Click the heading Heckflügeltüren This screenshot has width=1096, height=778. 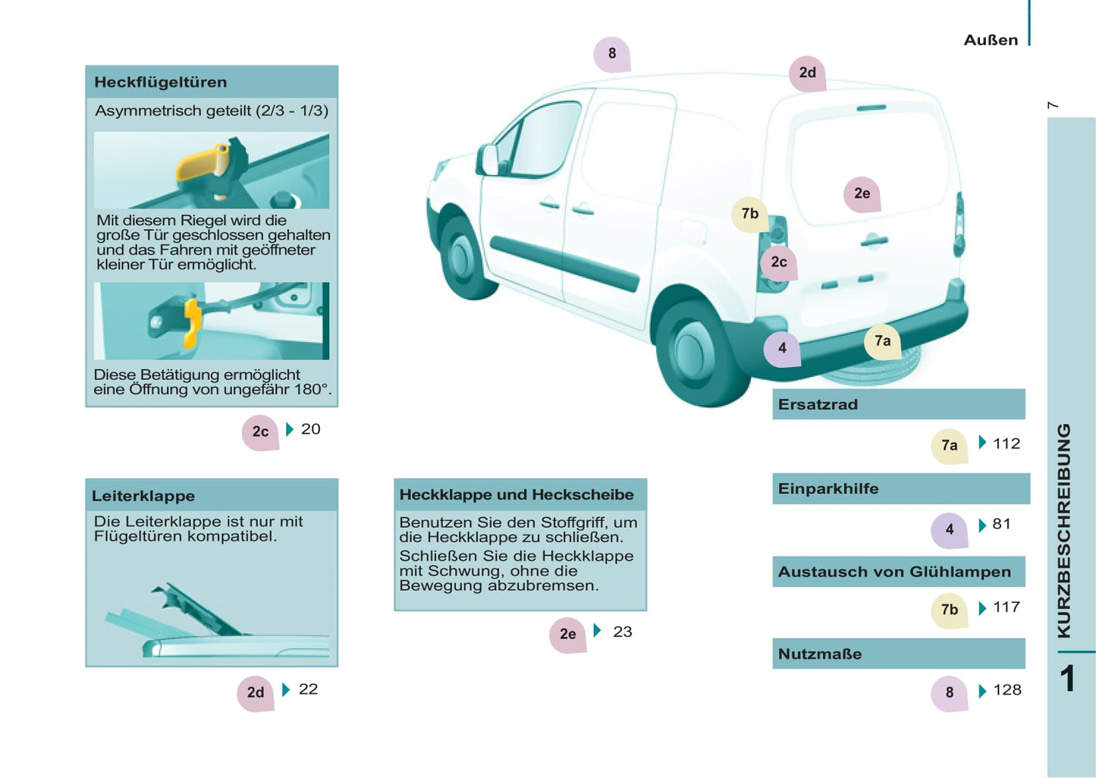pyautogui.click(x=161, y=82)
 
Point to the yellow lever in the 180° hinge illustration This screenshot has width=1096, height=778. pyautogui.click(x=192, y=324)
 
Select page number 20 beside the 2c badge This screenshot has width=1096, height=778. pyautogui.click(x=311, y=429)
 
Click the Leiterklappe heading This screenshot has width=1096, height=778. pyautogui.click(x=143, y=496)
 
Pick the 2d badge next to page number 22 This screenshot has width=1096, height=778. pyautogui.click(x=256, y=693)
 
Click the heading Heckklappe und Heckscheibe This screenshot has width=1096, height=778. pyautogui.click(x=517, y=494)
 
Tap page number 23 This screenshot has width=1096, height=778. pyautogui.click(x=623, y=632)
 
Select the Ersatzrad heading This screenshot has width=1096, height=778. pyautogui.click(x=818, y=405)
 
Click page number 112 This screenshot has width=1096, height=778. pyautogui.click(x=1006, y=444)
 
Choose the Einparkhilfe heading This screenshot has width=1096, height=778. pyautogui.click(x=827, y=488)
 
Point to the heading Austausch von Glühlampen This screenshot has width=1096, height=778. pyautogui.click(x=894, y=572)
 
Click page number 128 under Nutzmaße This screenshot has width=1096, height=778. pyautogui.click(x=1007, y=690)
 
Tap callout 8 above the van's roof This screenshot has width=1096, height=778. pyautogui.click(x=612, y=54)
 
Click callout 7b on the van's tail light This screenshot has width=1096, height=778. pyautogui.click(x=750, y=214)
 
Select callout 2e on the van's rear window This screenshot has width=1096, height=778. pyautogui.click(x=862, y=194)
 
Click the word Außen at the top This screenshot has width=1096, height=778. pyautogui.click(x=991, y=40)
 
